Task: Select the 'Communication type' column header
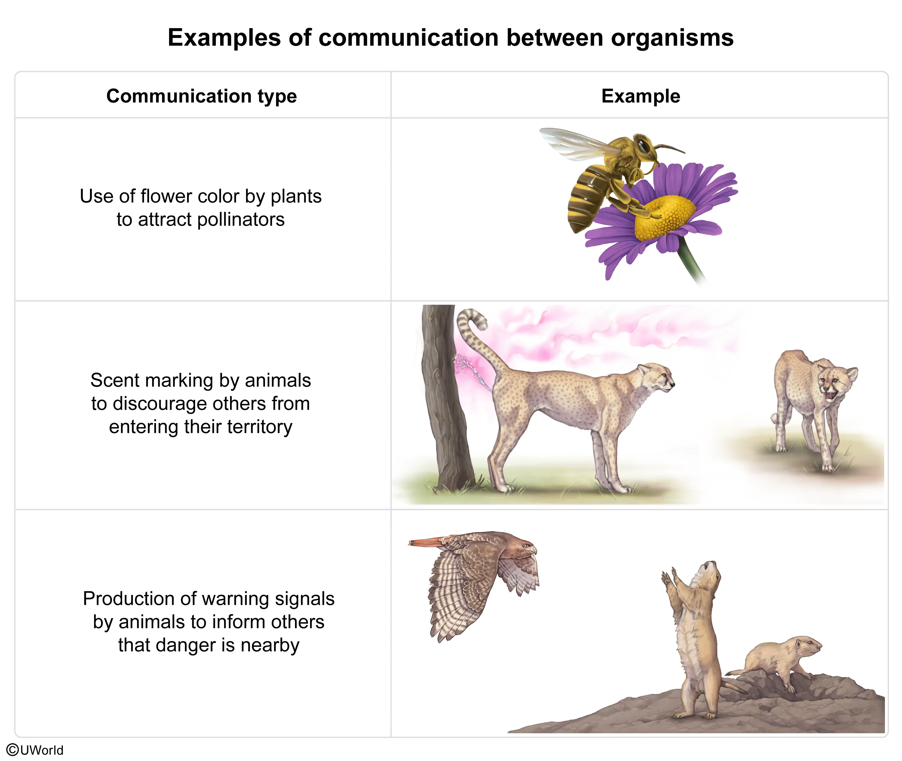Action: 201,96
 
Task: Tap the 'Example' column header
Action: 641,96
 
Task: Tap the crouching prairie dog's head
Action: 807,647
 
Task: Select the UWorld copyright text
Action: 35,750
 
